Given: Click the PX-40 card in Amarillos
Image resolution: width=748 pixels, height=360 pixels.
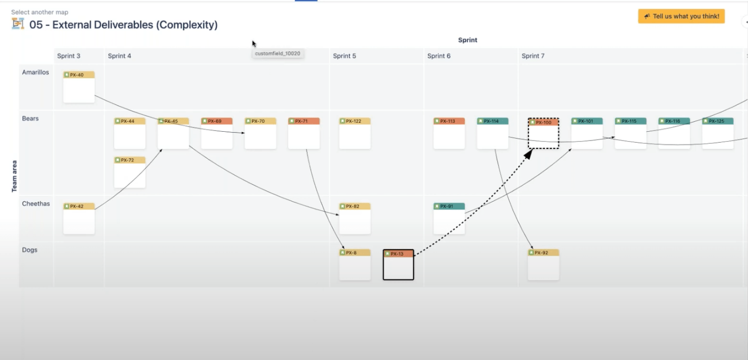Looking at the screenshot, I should point(79,87).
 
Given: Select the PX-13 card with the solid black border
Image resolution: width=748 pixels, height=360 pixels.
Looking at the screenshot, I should point(398,264).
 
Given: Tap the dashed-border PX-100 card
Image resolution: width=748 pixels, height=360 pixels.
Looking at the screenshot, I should point(543,133).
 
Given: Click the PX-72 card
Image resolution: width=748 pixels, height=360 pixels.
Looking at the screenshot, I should point(130,172).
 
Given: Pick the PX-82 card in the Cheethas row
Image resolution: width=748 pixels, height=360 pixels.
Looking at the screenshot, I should point(355,218).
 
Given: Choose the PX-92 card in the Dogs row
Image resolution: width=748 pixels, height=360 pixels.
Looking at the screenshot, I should point(543,264).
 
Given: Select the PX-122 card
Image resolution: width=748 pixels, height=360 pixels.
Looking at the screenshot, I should point(355,133).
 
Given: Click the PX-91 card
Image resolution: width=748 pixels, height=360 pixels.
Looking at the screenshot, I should point(449,218).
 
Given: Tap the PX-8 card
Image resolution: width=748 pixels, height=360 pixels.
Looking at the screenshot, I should point(355,264).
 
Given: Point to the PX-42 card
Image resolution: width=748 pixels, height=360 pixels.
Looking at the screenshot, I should point(79,218).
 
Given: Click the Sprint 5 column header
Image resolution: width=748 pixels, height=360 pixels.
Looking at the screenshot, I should point(344,56).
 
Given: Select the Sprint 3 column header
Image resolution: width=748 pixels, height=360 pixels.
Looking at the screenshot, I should point(69,56).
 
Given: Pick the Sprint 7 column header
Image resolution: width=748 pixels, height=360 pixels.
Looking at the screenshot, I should point(533,56).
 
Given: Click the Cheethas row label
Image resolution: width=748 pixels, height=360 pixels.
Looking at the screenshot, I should point(36,204).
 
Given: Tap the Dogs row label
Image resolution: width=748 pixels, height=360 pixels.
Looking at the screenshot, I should point(30,250).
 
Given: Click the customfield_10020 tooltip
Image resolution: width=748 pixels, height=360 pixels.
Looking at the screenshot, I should point(278,54).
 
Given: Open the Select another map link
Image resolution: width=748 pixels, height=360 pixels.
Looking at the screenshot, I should point(39,12).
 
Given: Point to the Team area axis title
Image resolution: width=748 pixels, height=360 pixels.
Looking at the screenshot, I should point(14,176).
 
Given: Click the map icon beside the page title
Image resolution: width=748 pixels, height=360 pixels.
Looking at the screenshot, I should point(18,24).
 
